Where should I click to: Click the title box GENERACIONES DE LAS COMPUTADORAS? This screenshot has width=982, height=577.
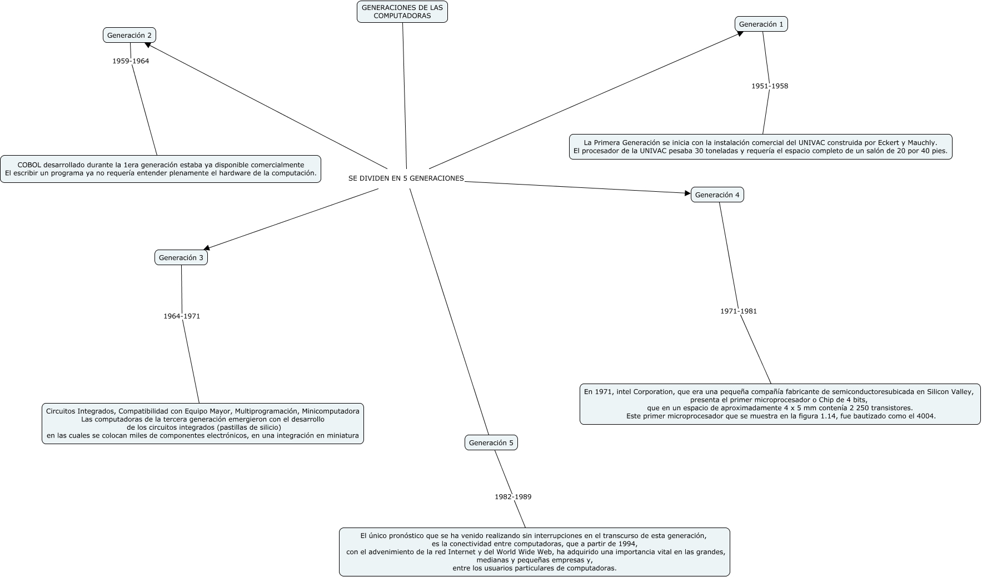(x=402, y=12)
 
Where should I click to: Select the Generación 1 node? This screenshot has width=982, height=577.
(x=761, y=24)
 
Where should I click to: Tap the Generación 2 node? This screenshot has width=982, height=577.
(x=129, y=35)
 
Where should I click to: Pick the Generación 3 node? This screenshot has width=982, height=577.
(x=181, y=257)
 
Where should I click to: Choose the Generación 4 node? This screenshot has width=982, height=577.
(x=717, y=195)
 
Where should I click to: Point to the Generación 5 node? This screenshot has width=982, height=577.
(x=491, y=442)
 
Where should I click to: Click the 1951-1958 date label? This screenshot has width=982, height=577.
(x=770, y=86)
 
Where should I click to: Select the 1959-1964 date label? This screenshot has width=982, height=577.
(x=131, y=61)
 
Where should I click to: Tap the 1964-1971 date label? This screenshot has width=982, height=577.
(x=182, y=316)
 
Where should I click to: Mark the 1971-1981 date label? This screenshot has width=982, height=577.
(x=739, y=311)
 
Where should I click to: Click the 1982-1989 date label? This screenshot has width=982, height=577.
(x=513, y=497)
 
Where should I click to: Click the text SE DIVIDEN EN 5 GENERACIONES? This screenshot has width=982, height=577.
(x=406, y=178)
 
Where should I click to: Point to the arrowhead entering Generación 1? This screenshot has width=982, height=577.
(x=740, y=34)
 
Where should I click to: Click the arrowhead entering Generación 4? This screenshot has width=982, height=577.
(x=687, y=193)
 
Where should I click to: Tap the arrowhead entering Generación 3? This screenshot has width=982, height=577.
(x=207, y=248)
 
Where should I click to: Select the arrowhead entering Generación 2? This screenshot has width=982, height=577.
(x=147, y=44)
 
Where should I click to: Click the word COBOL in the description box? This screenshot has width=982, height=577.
(x=29, y=165)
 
